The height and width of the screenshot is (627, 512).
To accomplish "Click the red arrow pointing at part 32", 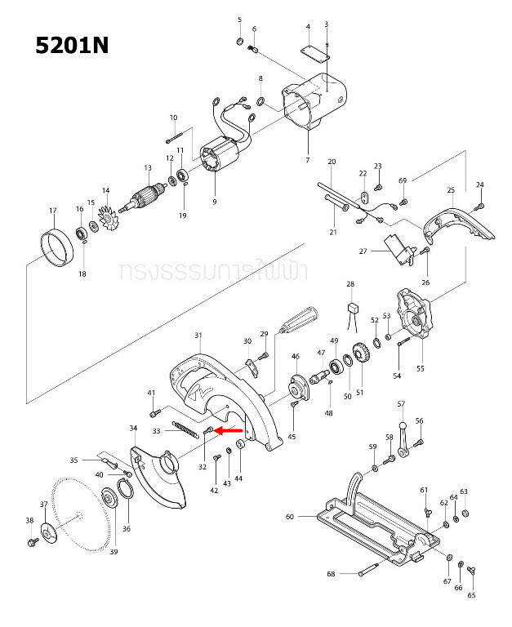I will coord(231,429).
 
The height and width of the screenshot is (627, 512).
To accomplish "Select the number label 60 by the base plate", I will coord(289,516).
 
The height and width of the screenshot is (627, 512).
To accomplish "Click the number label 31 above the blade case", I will coord(198,336).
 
